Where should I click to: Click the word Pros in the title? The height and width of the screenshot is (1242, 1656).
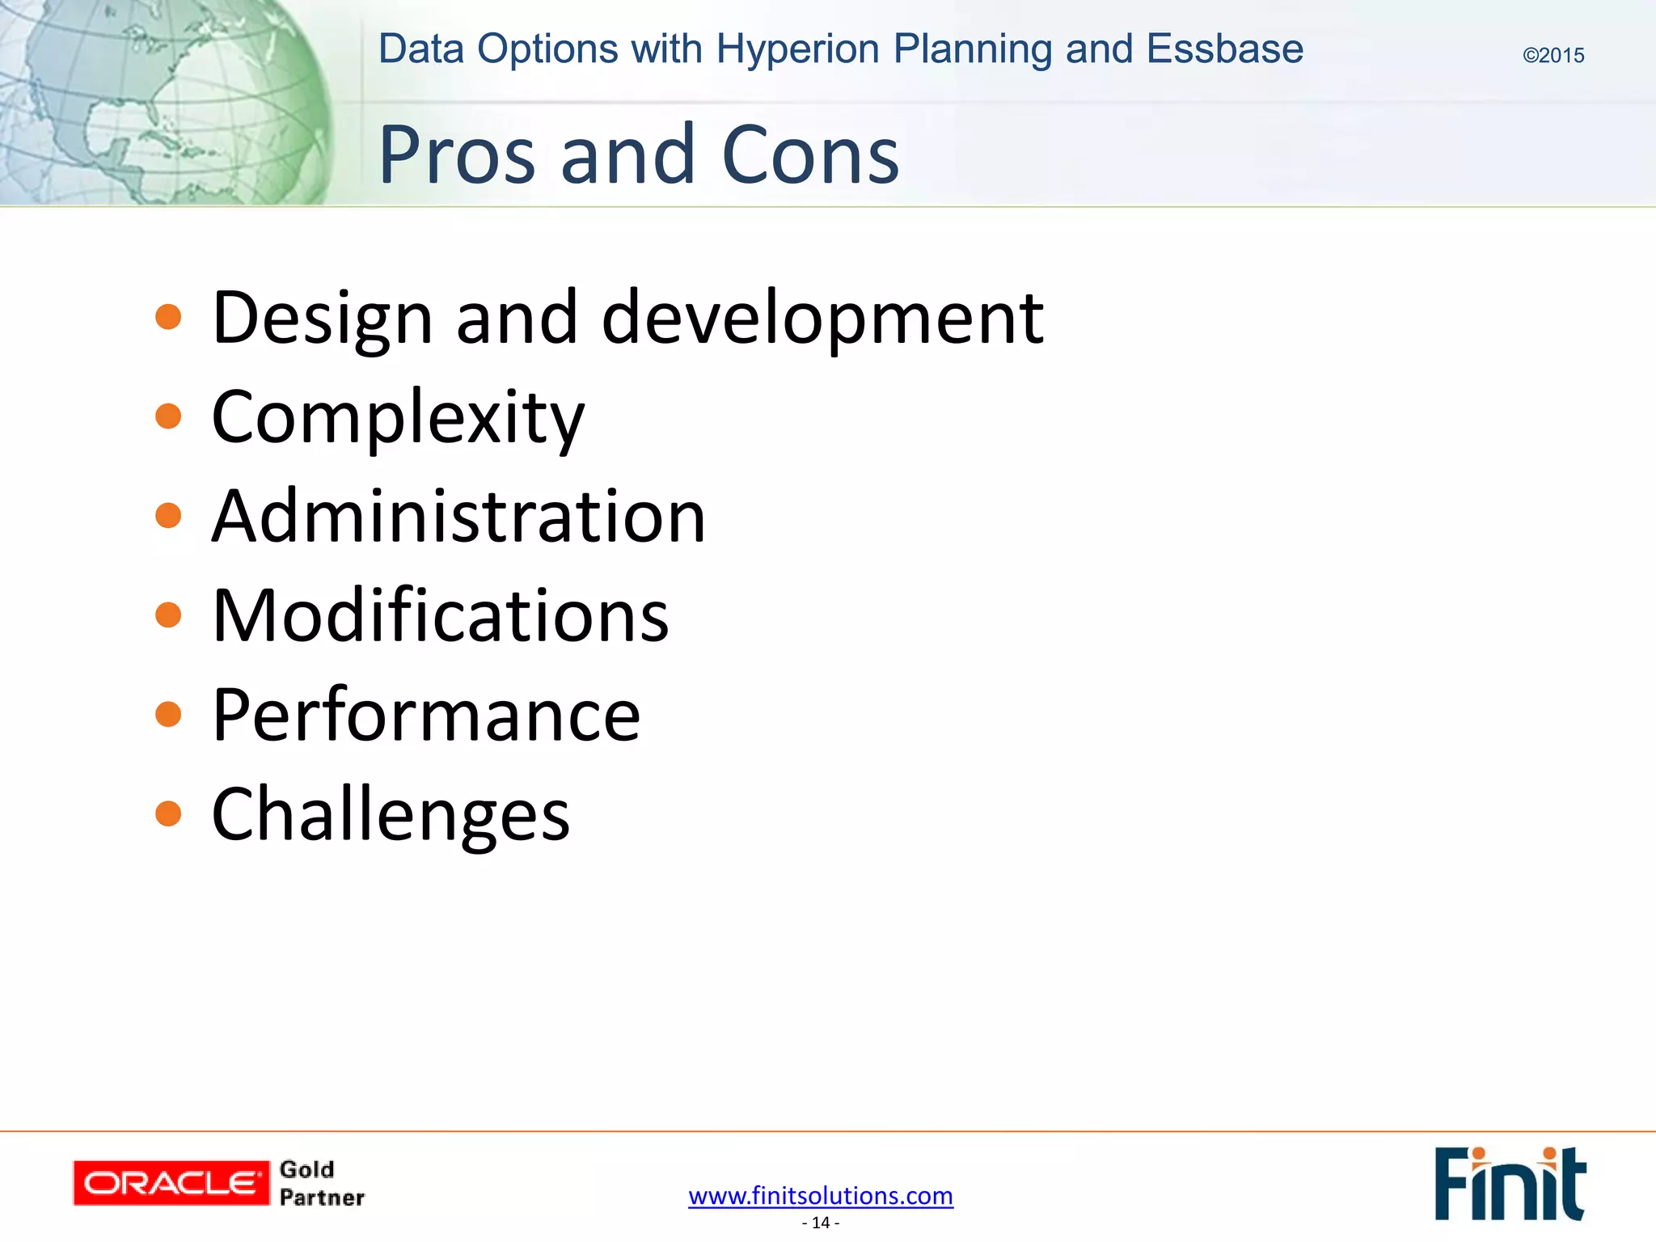[x=456, y=154]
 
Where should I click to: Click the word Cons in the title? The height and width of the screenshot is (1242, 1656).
[x=809, y=154]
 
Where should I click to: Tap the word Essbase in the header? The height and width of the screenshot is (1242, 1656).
[x=1224, y=49]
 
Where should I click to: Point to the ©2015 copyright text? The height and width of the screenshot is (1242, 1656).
[x=1552, y=56]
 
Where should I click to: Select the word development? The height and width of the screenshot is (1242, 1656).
[x=822, y=319]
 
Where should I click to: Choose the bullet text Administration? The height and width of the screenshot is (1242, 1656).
[x=458, y=517]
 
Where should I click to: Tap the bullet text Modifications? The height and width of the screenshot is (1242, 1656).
[x=441, y=616]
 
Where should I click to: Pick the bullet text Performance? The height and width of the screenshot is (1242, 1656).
[x=426, y=715]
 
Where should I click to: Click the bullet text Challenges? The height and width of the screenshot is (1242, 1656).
[x=391, y=814]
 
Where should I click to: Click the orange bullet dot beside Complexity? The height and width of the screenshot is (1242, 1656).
[x=168, y=416]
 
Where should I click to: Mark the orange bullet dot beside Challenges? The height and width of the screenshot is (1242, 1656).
[x=168, y=813]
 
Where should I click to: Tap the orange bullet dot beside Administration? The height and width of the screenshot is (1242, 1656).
[x=168, y=515]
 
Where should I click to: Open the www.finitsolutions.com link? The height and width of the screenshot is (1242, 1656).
[x=821, y=1195]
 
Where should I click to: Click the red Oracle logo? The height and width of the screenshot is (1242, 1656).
[x=171, y=1183]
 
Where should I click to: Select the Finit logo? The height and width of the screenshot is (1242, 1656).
[x=1510, y=1183]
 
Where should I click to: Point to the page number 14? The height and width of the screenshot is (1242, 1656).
[x=821, y=1223]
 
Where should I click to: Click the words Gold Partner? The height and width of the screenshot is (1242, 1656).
[x=321, y=1183]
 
